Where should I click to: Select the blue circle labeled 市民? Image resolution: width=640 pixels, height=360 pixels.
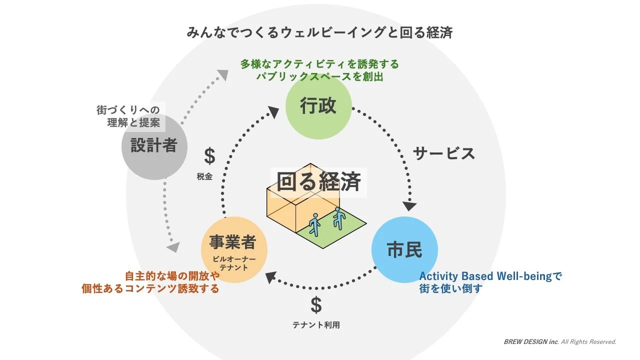click(405, 249)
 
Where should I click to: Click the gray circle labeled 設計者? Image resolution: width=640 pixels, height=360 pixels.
click(154, 146)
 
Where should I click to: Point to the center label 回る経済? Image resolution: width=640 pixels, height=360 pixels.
click(318, 182)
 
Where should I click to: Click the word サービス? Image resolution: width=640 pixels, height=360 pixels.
click(444, 153)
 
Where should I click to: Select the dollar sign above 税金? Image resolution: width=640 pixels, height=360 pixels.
click(209, 156)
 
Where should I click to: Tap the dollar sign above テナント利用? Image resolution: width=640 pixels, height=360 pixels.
click(316, 304)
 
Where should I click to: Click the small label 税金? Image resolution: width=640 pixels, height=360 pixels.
click(204, 176)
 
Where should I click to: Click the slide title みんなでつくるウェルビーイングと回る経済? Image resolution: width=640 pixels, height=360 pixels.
click(319, 33)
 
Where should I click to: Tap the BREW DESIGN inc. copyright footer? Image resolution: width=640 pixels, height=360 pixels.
click(560, 342)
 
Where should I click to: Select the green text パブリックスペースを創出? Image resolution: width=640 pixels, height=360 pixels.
click(320, 77)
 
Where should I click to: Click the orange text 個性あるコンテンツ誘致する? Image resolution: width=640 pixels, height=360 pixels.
click(150, 288)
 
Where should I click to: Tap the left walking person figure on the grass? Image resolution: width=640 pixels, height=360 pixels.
click(314, 225)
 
